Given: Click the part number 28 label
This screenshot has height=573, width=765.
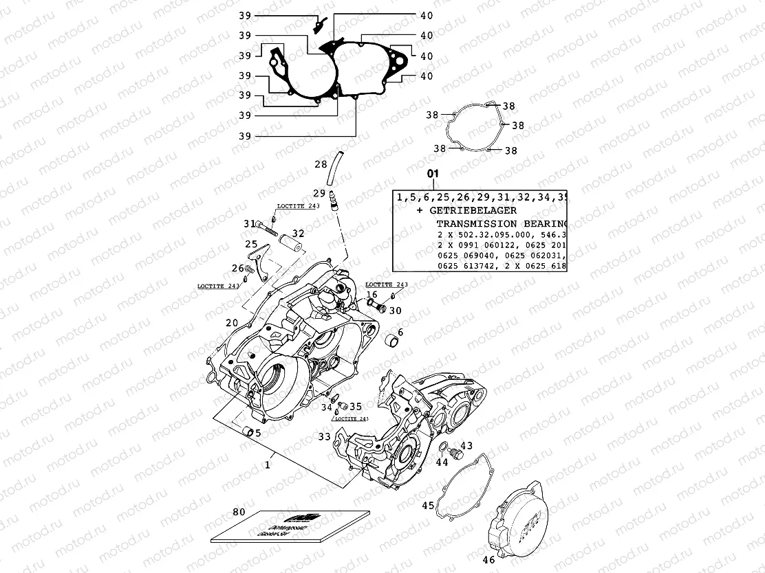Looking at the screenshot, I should point(321,165).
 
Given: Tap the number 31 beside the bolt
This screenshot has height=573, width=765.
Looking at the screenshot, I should point(249,223).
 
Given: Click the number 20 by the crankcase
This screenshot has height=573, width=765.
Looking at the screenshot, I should point(232,323).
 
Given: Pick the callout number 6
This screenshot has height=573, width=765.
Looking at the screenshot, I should point(400,333).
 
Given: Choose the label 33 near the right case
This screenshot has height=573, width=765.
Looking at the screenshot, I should point(323,436).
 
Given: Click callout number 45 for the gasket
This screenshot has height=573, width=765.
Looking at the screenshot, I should point(428,506).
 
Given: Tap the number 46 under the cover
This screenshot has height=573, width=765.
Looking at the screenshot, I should point(488,560).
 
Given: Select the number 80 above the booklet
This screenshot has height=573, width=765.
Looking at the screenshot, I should point(239,512).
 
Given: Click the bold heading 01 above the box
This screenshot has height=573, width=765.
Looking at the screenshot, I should point(432,174).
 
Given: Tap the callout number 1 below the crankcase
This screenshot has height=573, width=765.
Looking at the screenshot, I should point(268,465).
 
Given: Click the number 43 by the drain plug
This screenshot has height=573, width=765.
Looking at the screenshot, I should point(466,446).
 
